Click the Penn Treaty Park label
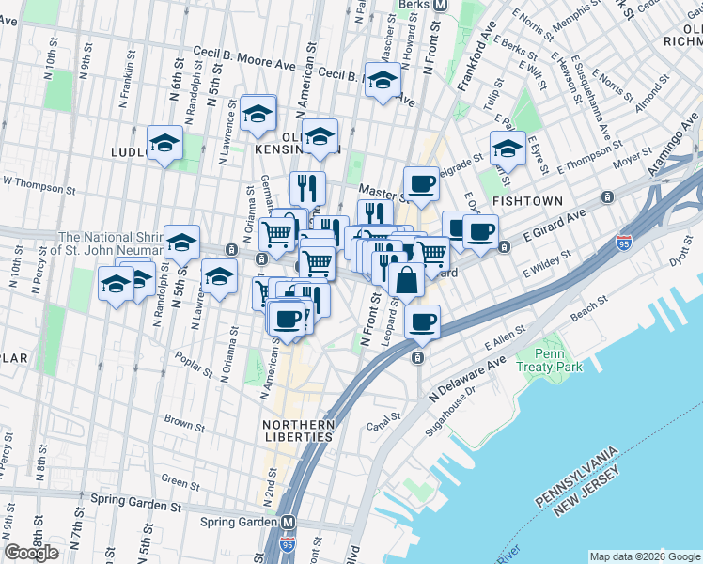[550, 360]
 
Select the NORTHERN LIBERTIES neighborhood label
[298, 431]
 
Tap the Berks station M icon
[439, 5]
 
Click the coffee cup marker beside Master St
[422, 183]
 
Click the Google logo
[32, 552]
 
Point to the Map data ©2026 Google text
[644, 556]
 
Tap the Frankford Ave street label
[476, 59]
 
